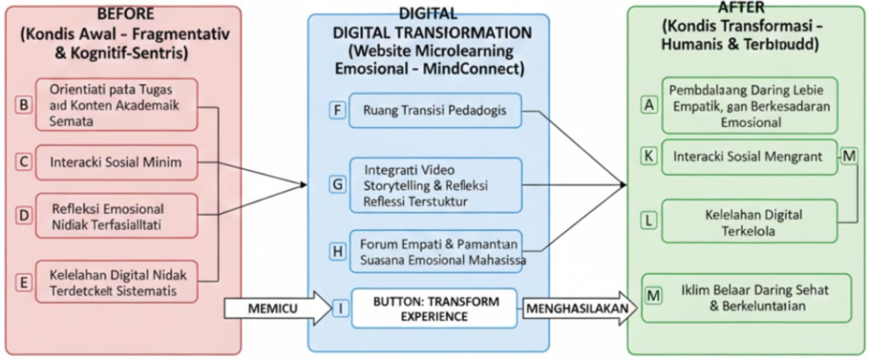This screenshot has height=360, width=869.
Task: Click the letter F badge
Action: (337, 110)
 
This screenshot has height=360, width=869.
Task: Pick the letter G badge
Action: (337, 184)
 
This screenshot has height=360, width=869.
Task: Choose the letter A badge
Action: (649, 104)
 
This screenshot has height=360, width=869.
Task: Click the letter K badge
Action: (649, 157)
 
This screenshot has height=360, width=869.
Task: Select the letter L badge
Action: (649, 220)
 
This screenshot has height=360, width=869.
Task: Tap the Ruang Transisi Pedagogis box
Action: (434, 110)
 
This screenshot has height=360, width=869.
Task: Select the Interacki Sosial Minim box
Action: (116, 161)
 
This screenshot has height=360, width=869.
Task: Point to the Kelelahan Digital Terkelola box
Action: (748, 220)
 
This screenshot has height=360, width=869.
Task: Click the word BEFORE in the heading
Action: (126, 13)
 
